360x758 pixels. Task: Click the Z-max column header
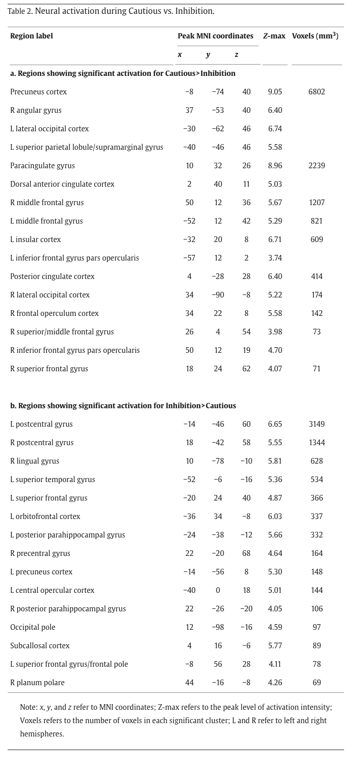274,36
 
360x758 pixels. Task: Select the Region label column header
31,36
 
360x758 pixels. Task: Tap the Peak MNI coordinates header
215,36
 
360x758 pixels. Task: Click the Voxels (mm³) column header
315,36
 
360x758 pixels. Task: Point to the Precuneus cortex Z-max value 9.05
275,92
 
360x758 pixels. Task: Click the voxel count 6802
316,92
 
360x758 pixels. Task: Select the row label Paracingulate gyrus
43,166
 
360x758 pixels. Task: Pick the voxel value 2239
316,166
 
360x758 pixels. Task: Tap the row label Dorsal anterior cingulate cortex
62,184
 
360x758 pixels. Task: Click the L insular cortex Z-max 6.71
275,240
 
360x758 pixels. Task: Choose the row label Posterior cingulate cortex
52,276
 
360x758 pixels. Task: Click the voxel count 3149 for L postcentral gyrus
316,424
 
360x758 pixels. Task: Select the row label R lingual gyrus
34,461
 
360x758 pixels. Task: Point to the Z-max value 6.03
275,516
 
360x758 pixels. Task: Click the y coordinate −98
217,627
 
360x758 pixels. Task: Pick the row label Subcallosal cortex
40,646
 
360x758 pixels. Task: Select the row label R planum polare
37,683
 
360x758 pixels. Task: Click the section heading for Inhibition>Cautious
123,406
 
